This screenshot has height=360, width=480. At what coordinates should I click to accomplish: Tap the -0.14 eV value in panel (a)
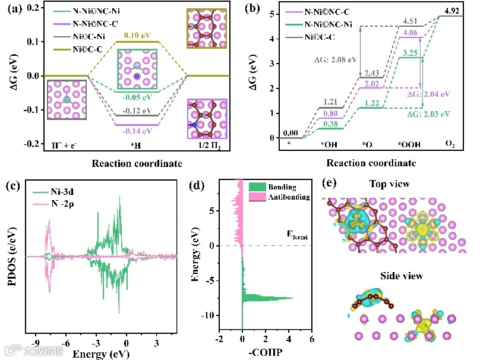pyautogui.click(x=138, y=131)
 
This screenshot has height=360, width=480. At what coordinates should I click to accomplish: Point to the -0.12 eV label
pyautogui.click(x=138, y=111)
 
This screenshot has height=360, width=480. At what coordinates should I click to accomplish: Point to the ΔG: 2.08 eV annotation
pyautogui.click(x=336, y=59)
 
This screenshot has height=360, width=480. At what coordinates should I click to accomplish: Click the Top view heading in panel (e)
pyautogui.click(x=389, y=184)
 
